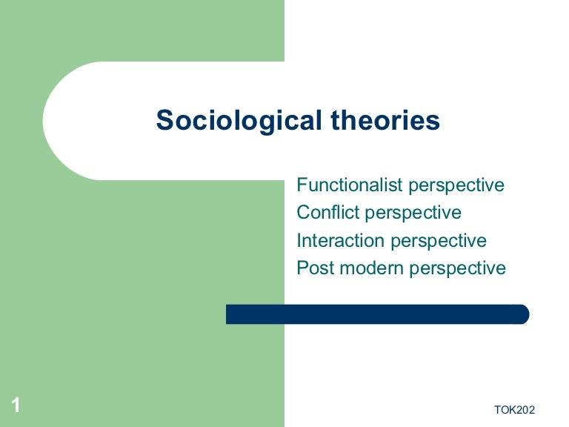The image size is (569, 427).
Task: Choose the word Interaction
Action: (341, 240)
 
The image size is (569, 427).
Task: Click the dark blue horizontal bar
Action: (377, 314)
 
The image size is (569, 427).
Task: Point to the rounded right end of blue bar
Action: (524, 314)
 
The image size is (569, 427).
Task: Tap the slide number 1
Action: (16, 405)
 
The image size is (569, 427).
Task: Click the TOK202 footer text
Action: (513, 410)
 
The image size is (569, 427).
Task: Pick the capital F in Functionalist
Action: (302, 185)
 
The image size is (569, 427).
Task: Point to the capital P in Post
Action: (302, 268)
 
